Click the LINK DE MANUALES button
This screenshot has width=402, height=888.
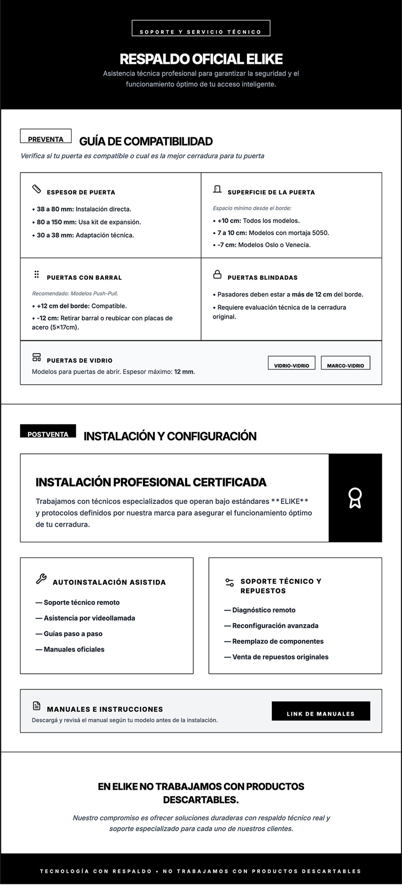click(x=321, y=711)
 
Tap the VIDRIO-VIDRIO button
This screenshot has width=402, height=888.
click(x=291, y=363)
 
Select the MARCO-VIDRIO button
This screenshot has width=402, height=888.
click(x=345, y=363)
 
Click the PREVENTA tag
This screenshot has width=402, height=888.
click(x=46, y=136)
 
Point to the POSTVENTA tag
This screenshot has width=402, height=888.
click(x=48, y=431)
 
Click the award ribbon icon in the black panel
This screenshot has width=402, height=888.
click(x=355, y=498)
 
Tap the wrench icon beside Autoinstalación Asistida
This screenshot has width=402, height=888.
click(x=41, y=579)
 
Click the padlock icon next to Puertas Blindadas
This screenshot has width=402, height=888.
click(x=217, y=274)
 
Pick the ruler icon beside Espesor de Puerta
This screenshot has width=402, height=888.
click(x=37, y=189)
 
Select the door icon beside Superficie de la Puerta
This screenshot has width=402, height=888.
click(x=217, y=189)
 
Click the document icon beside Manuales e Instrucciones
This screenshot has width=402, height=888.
click(x=37, y=706)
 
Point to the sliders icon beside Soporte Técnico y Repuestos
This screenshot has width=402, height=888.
click(x=229, y=583)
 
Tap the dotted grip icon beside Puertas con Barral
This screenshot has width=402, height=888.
click(x=37, y=274)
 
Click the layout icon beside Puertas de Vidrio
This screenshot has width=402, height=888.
click(x=37, y=357)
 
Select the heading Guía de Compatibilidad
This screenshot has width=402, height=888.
click(x=146, y=141)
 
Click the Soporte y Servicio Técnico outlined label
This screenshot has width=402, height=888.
click(x=201, y=28)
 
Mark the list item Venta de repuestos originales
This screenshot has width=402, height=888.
click(x=280, y=657)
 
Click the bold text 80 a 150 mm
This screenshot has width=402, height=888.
click(x=57, y=222)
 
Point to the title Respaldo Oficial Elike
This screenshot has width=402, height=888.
click(x=201, y=59)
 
